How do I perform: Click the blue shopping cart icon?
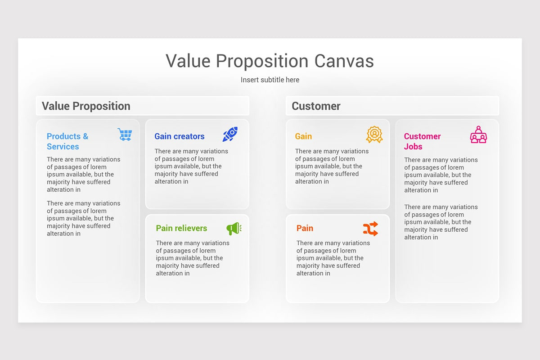pos(125,134)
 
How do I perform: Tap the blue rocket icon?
pos(230,134)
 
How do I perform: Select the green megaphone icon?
pos(234,229)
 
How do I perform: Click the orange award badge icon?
pos(374,135)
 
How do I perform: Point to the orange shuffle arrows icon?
pos(370,229)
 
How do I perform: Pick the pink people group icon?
pos(478,135)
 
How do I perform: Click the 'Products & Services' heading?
pos(67,141)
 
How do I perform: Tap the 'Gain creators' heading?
pos(179,136)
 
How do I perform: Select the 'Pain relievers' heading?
pos(181,228)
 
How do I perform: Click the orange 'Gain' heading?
pos(303,136)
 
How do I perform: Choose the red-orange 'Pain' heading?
pos(305,228)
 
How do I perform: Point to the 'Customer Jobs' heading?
pos(422,141)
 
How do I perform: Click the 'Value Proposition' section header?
pos(86,106)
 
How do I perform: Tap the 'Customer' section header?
pos(316,106)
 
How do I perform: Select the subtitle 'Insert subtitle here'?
pos(270,80)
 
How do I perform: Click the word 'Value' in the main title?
pos(188,61)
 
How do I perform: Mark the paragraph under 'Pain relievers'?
pos(193,258)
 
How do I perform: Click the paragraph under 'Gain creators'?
pos(191,166)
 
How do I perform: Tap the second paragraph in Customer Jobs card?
pos(441,222)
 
